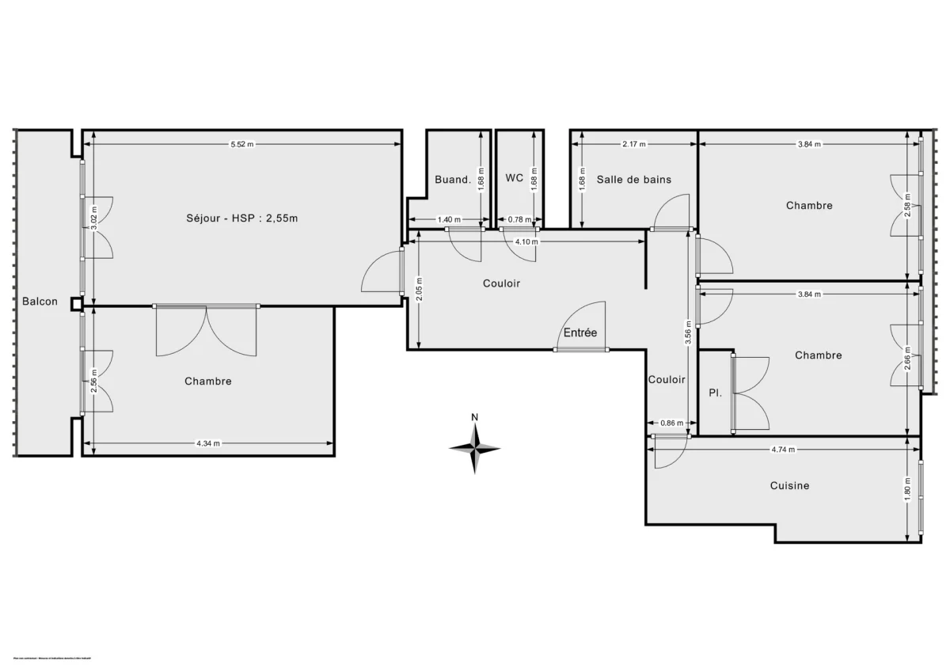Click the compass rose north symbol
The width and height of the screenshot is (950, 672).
[x=475, y=447]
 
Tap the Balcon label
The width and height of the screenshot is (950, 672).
[x=40, y=302]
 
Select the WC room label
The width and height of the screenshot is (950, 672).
[x=515, y=178]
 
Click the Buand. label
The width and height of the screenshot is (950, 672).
[x=453, y=180]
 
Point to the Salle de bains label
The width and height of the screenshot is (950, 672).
[x=633, y=180]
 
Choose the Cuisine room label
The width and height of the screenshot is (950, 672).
[x=789, y=485]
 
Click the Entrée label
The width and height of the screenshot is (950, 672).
[x=580, y=333]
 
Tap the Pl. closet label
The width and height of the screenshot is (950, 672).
[x=714, y=393]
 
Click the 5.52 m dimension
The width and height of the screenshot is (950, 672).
[x=242, y=144]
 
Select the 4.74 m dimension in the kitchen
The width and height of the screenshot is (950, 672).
[x=784, y=449]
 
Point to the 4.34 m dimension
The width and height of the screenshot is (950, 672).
[x=208, y=443]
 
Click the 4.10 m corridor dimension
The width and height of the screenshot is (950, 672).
[x=526, y=241]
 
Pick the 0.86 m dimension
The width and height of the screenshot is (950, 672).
[x=671, y=423]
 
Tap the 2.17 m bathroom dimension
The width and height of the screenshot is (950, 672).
[x=633, y=144]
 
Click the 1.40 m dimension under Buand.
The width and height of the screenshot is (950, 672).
[x=449, y=219]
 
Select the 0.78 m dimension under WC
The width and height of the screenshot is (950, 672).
[x=519, y=219]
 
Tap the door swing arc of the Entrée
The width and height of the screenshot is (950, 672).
[x=584, y=321]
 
